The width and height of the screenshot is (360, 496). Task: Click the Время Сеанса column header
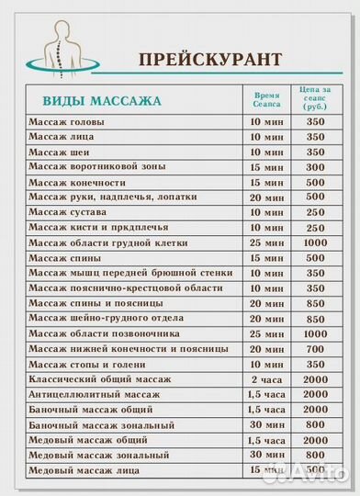click(x=267, y=99)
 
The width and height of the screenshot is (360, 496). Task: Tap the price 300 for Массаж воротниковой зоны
click(x=316, y=167)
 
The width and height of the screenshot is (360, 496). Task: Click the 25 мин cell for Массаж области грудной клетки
click(x=267, y=242)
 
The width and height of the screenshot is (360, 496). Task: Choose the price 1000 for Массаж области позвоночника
click(x=316, y=333)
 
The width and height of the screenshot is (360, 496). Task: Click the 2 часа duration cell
click(x=267, y=379)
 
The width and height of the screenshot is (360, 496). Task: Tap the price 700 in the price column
click(x=316, y=349)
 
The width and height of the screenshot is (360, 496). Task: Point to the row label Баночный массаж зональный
click(x=101, y=425)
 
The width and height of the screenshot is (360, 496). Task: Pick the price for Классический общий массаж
click(x=316, y=379)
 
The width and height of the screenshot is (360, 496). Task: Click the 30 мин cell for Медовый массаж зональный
click(x=267, y=455)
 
